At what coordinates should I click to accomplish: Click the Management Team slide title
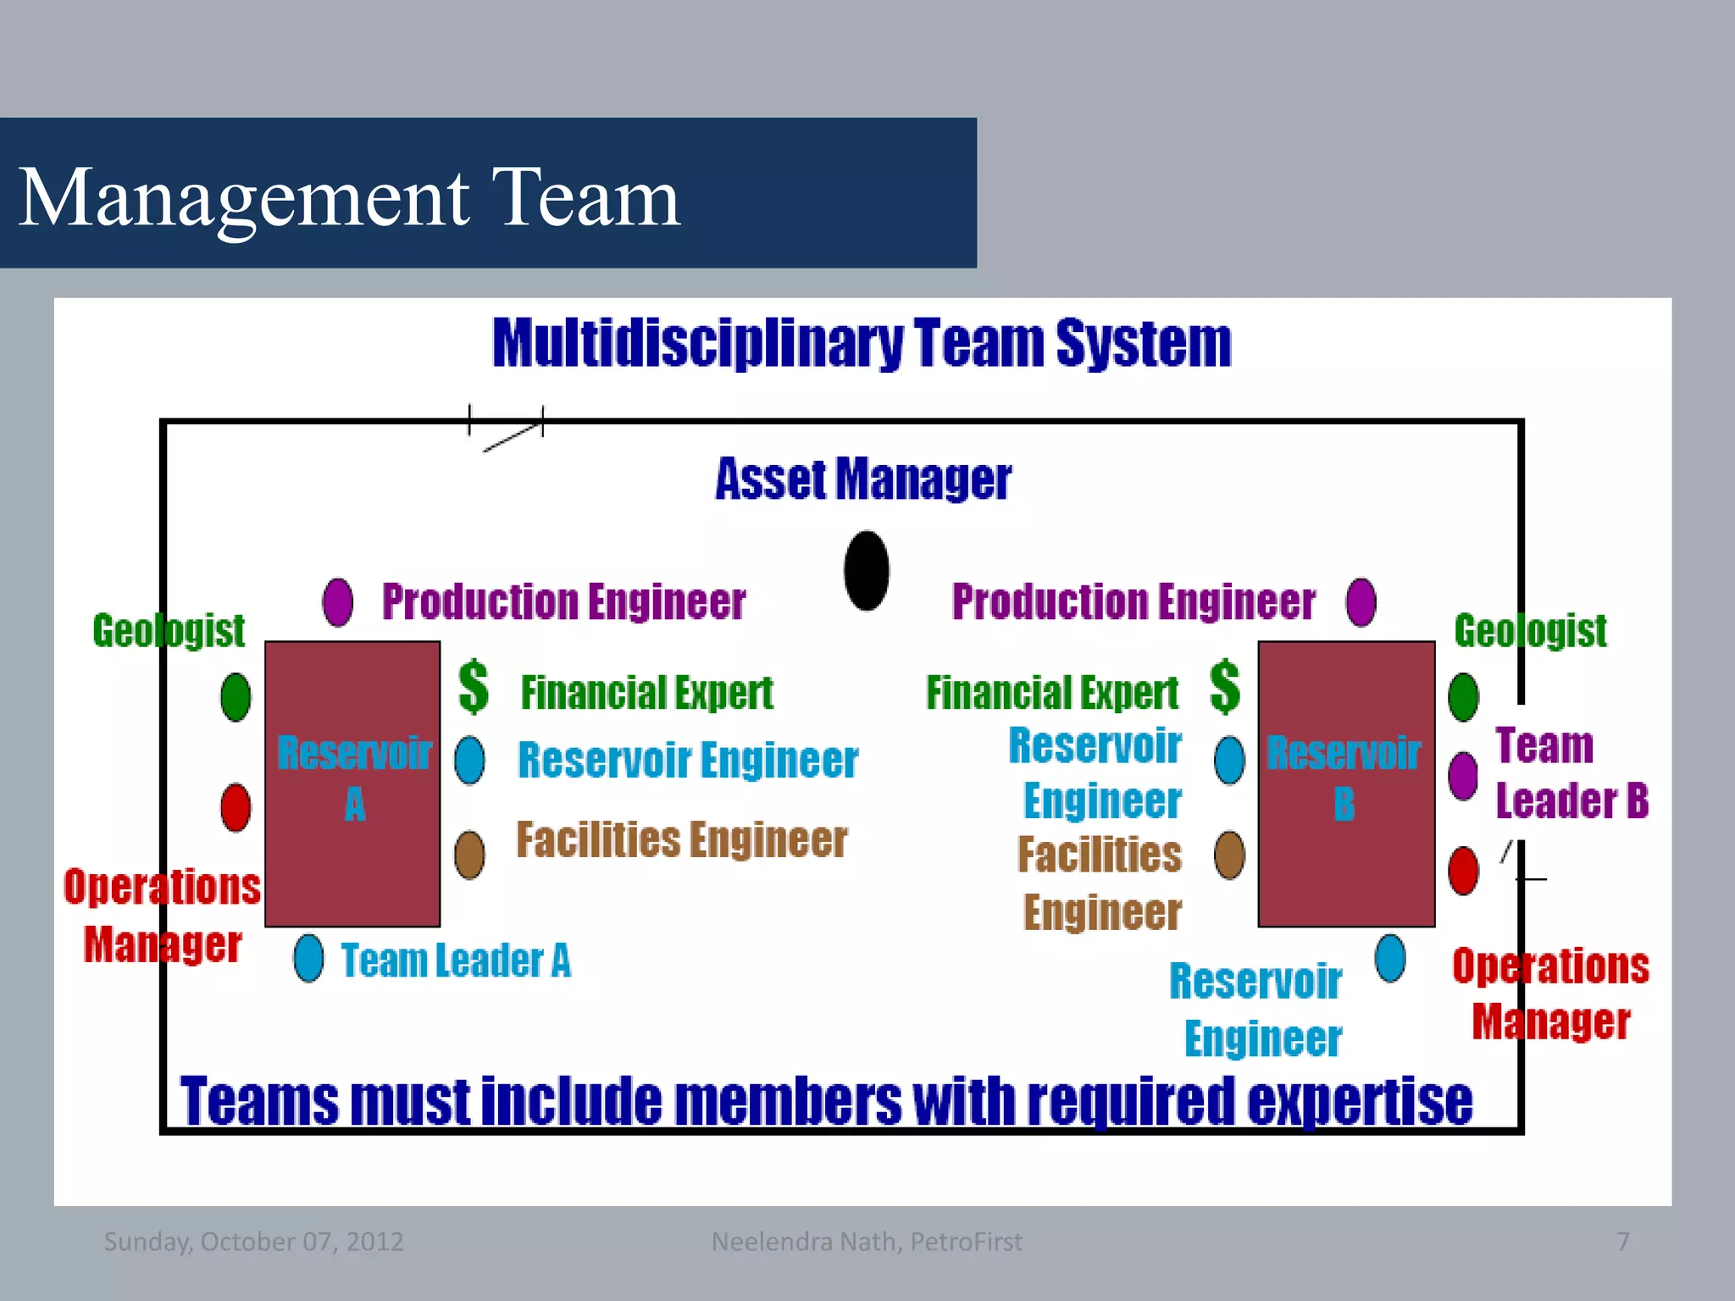coord(348,197)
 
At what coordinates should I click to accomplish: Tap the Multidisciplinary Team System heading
coord(862,343)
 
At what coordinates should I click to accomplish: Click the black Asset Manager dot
coord(867,571)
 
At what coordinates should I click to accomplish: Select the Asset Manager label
coord(862,479)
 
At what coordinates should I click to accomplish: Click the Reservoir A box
coord(352,783)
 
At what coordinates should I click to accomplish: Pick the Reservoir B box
coord(1345,783)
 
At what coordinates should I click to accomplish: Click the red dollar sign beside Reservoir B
coord(1225,687)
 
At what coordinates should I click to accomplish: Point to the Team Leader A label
coord(456,961)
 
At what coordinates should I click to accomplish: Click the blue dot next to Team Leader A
coord(308,958)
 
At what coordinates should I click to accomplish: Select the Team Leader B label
coord(1571,772)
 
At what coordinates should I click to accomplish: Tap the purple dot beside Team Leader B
coord(1463,775)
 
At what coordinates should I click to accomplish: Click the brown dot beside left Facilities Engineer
coord(469,854)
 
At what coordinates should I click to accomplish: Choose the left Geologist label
coord(169,631)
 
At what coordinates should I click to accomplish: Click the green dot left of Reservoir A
coord(236,697)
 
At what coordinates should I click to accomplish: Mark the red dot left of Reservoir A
coord(236,807)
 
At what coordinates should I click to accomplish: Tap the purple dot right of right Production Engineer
coord(1361,602)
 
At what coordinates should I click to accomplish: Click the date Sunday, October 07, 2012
coord(253,1242)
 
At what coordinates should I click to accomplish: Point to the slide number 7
coord(1622,1242)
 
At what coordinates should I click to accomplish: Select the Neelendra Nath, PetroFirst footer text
coord(867,1242)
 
